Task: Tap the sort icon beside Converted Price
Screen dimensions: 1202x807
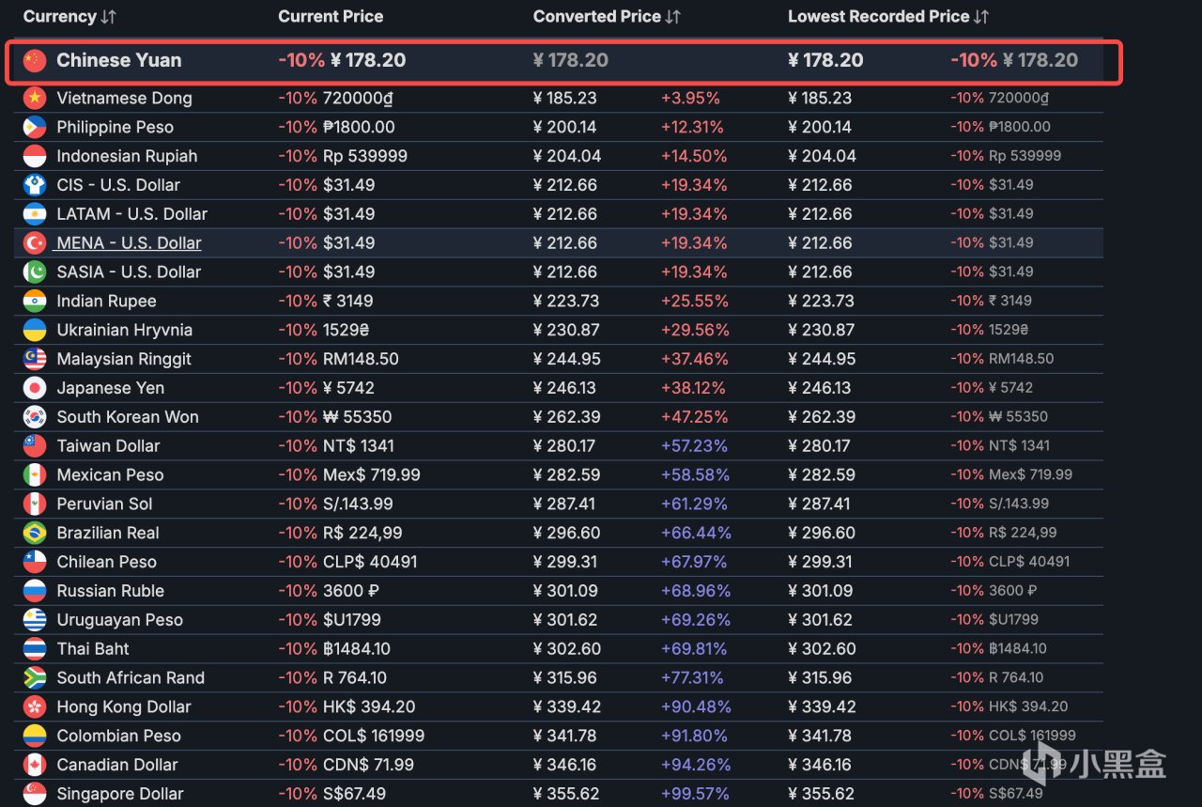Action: [x=673, y=17]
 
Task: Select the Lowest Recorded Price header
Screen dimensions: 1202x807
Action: [x=878, y=17]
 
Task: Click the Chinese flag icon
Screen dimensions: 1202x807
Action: [x=35, y=60]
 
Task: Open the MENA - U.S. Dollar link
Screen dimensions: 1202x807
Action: [x=129, y=243]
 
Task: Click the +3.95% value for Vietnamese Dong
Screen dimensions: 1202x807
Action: [x=690, y=99]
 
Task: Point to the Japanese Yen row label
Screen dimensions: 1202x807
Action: [x=111, y=388]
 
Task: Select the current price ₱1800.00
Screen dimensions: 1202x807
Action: [x=359, y=127]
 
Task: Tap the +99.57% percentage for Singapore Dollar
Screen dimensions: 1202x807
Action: [x=695, y=794]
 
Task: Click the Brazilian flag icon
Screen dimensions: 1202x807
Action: [x=35, y=534]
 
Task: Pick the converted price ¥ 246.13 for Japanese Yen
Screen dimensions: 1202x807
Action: [x=564, y=388]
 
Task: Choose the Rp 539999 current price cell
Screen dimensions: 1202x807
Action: [x=365, y=156]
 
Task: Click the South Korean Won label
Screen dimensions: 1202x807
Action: [x=128, y=417]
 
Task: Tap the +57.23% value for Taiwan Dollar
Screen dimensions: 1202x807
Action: [x=694, y=446]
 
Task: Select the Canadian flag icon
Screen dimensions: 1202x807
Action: [x=35, y=765]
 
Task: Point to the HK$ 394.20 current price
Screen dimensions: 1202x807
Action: [x=369, y=706]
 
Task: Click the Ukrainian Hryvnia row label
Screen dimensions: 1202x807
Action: [x=125, y=330]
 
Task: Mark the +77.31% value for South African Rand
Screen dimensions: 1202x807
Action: [x=692, y=677]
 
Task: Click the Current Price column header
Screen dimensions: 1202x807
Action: [x=331, y=17]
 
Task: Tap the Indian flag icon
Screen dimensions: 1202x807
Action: [x=35, y=302]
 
